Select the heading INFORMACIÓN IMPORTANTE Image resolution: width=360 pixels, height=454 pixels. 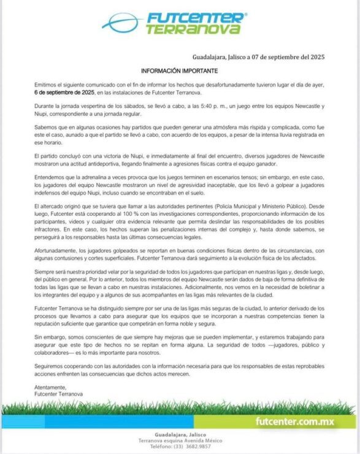(x=180, y=71)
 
